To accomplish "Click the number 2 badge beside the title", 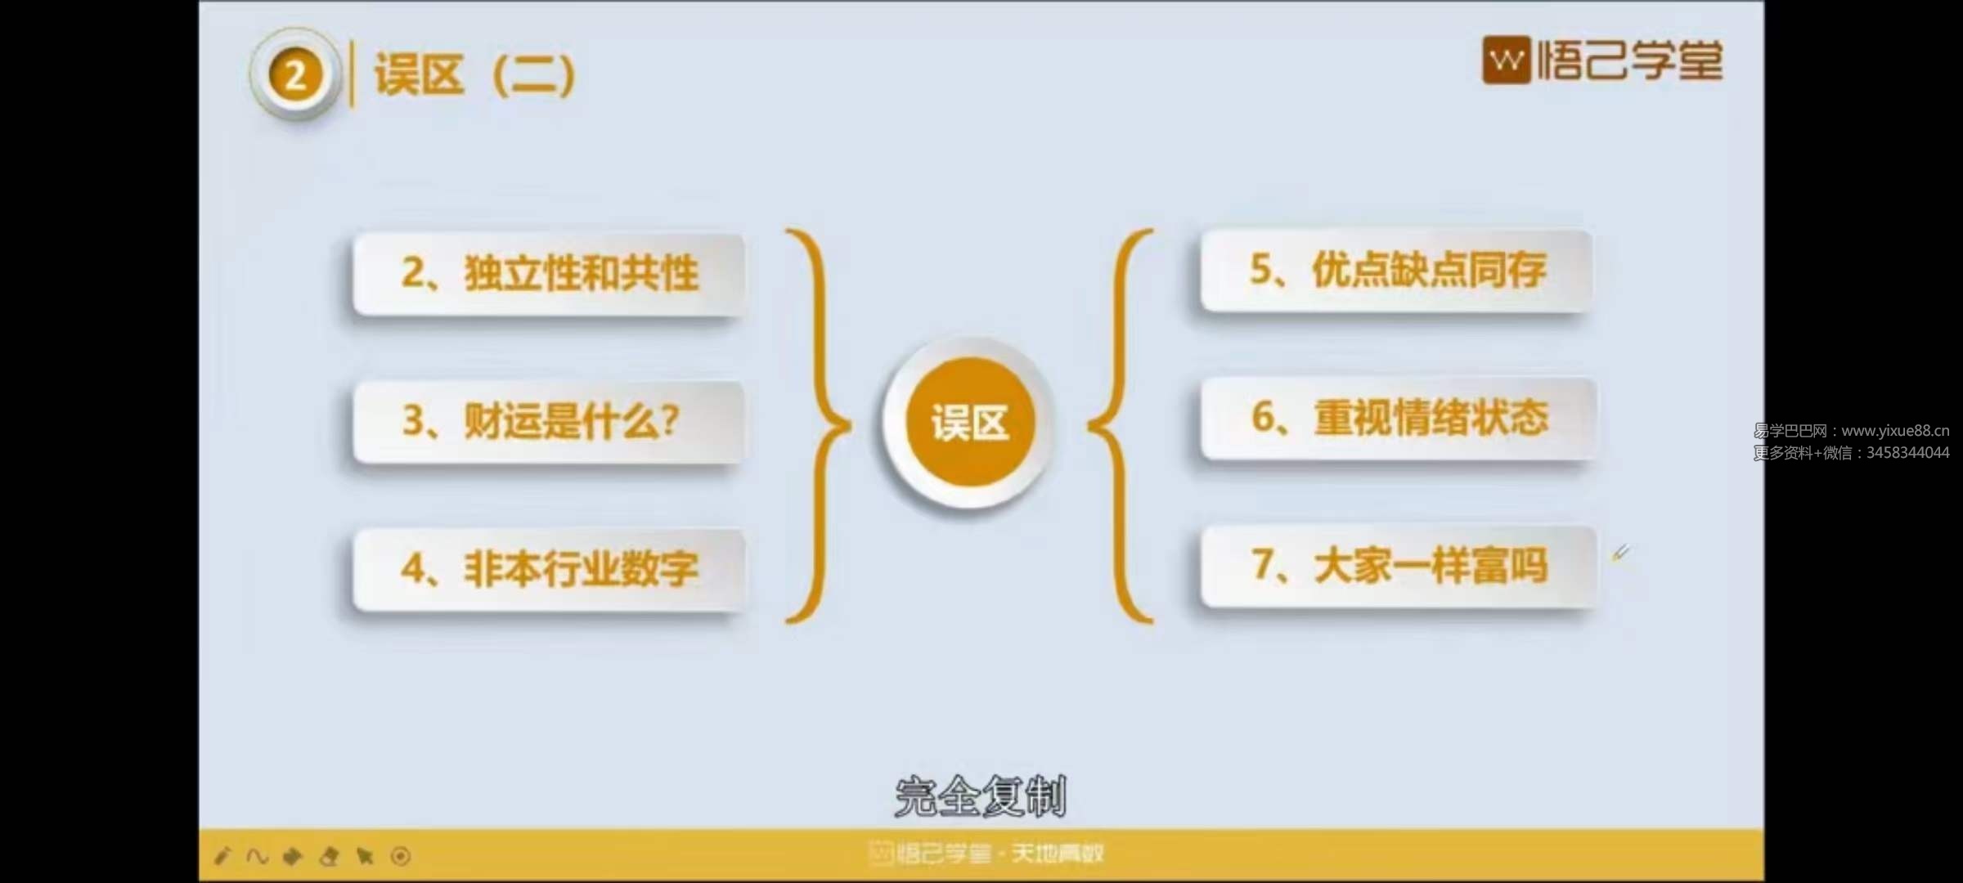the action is click(x=295, y=75).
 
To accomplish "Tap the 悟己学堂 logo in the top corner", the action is click(x=1602, y=61).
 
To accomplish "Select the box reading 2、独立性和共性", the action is click(x=549, y=275).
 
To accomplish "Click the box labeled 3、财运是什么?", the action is click(x=549, y=422).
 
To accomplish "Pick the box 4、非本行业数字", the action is click(x=549, y=569).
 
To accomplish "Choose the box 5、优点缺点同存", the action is click(x=1397, y=271).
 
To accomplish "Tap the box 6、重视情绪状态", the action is click(x=1398, y=418).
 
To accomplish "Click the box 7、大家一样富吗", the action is click(x=1398, y=566).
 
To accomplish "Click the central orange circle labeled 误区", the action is click(x=970, y=423).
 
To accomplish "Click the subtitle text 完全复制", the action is click(x=981, y=796).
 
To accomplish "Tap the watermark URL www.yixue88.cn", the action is click(x=1895, y=431).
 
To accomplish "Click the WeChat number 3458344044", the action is click(x=1907, y=453).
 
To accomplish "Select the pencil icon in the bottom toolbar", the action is click(x=222, y=856).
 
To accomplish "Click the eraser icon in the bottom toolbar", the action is click(x=329, y=856).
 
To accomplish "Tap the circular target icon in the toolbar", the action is click(x=401, y=856).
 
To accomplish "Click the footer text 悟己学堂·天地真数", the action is click(x=986, y=854).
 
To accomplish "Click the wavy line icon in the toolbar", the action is click(x=257, y=856).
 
